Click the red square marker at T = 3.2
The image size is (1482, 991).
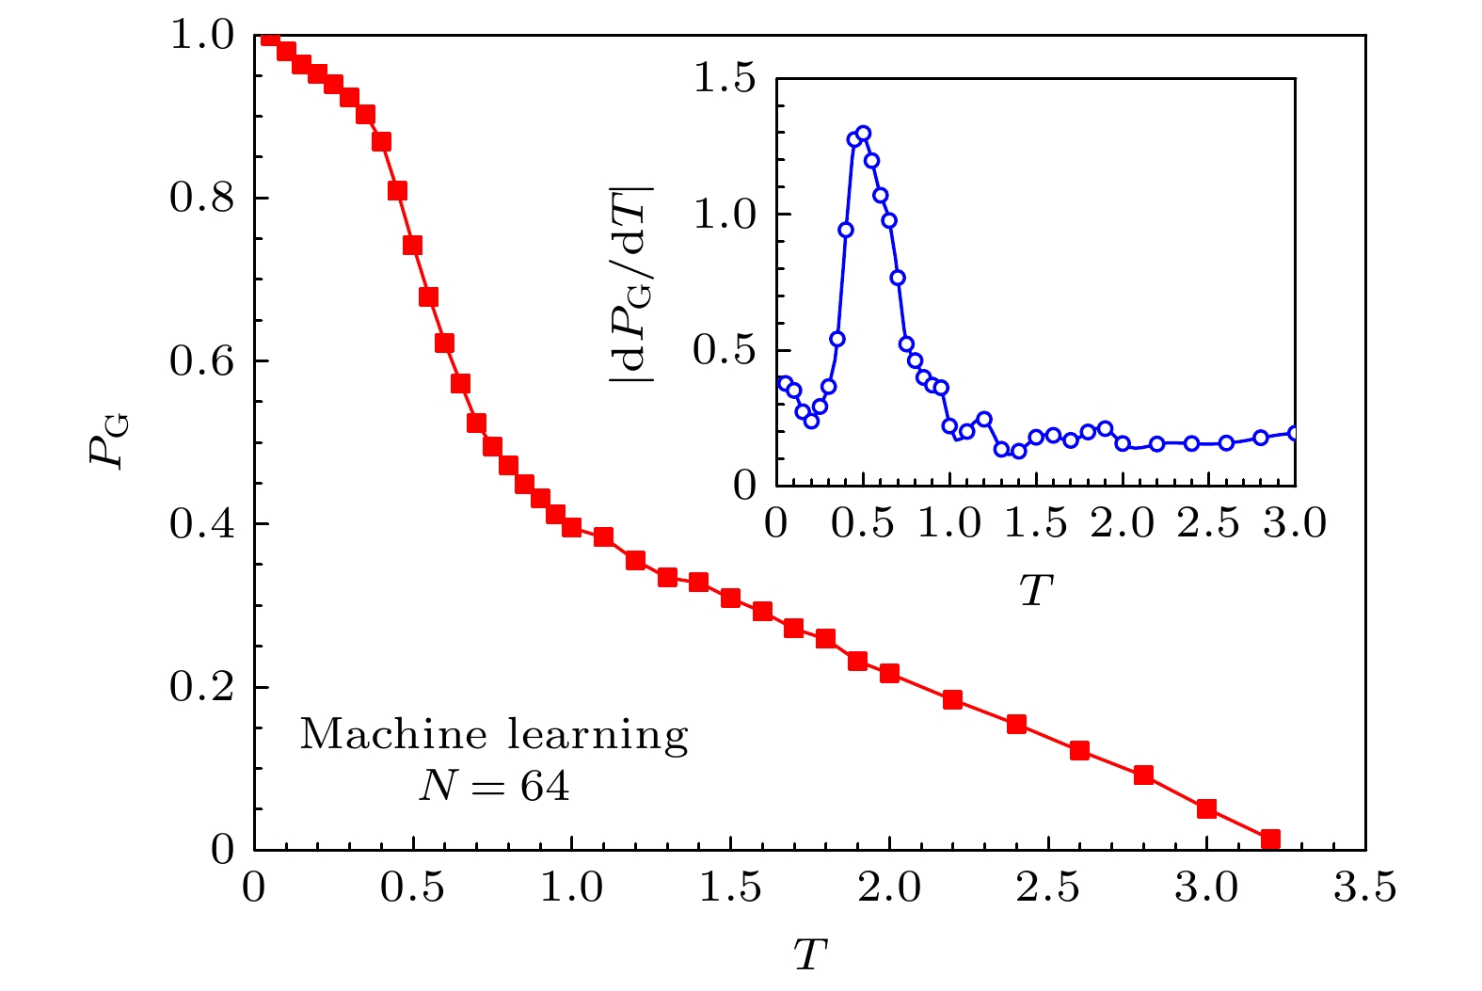1269,839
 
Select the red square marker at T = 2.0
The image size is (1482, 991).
889,673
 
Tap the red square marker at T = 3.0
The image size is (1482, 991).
1206,808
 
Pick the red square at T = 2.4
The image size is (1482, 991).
1016,724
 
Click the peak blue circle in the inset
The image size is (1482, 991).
863,133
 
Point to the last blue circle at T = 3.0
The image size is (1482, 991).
1294,433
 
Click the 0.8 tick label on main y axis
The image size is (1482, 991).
201,199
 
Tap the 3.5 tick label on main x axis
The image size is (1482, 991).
1365,888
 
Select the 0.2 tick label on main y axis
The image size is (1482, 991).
201,688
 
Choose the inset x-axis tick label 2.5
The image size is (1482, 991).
1209,523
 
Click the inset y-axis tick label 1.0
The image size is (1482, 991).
725,215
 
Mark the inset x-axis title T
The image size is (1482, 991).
1036,590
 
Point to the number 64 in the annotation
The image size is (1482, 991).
546,787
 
